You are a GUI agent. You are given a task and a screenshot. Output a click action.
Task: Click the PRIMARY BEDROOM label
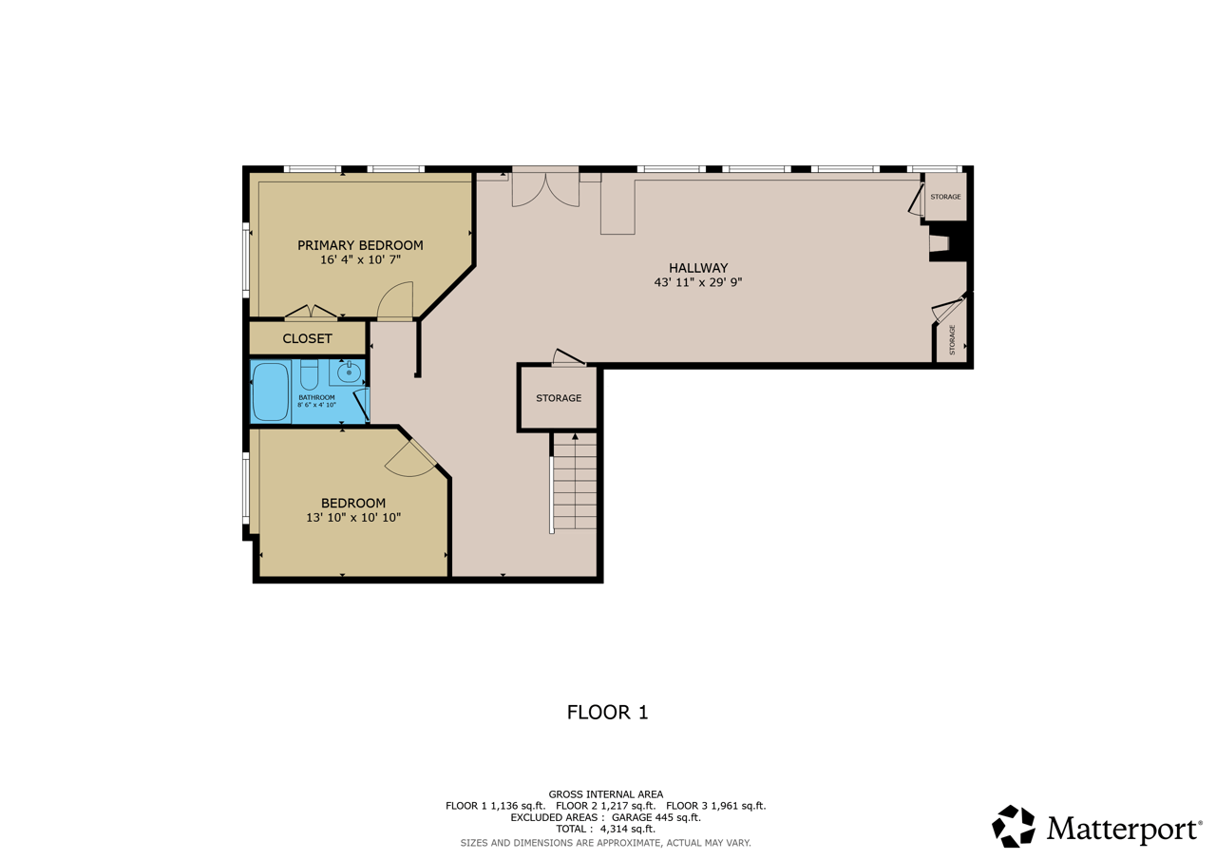[360, 245]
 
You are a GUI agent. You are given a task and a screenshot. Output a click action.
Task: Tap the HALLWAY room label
[698, 268]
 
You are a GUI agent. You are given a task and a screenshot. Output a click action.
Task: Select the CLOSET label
[307, 339]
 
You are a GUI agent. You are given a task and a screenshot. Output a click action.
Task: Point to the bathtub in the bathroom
[271, 392]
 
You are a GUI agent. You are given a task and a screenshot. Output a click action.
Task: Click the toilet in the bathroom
[310, 374]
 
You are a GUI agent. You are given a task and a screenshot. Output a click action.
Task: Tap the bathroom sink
[349, 373]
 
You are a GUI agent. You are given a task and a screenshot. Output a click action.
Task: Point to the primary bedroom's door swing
[394, 300]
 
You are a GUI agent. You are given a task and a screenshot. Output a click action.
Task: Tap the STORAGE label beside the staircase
[559, 398]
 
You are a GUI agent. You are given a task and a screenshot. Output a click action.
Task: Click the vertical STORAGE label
[952, 340]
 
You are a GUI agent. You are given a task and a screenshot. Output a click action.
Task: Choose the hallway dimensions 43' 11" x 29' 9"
[698, 282]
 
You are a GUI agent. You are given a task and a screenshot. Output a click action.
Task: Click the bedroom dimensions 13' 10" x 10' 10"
[353, 517]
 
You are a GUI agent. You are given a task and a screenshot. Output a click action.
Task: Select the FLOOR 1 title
[607, 713]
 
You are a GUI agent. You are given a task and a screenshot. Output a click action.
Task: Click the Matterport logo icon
[1013, 827]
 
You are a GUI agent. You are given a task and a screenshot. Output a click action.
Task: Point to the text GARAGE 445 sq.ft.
[656, 817]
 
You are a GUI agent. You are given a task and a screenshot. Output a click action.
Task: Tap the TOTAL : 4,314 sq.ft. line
[606, 829]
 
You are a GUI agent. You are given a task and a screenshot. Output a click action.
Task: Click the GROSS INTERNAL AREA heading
[606, 794]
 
